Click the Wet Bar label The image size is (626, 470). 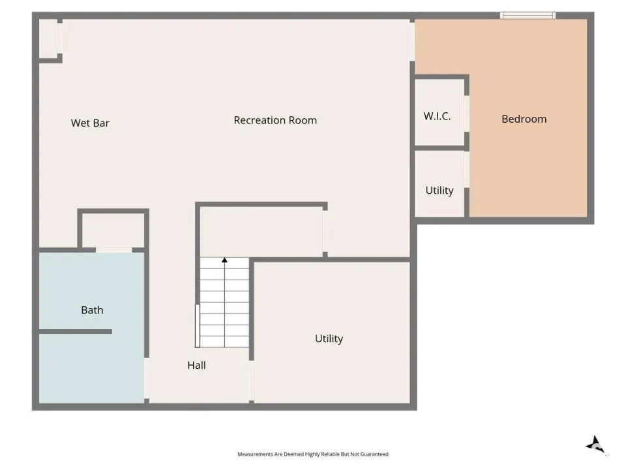[90, 123]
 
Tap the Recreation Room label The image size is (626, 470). [275, 120]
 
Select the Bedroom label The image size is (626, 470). [524, 119]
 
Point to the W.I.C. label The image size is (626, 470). [437, 116]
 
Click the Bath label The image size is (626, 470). [92, 310]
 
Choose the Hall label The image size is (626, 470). [196, 366]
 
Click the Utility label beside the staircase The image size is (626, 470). [329, 339]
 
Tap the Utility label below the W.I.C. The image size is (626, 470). [439, 191]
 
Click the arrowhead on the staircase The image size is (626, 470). [224, 260]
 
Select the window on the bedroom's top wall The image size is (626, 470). [528, 16]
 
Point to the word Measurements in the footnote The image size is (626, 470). [255, 454]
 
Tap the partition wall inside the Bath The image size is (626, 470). [76, 332]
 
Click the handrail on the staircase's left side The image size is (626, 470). [197, 326]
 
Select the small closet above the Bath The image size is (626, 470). [113, 230]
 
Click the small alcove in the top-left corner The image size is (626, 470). [48, 39]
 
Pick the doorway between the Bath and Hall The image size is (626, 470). [147, 378]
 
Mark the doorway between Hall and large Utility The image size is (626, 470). [252, 381]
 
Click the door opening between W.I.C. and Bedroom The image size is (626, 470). [466, 114]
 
